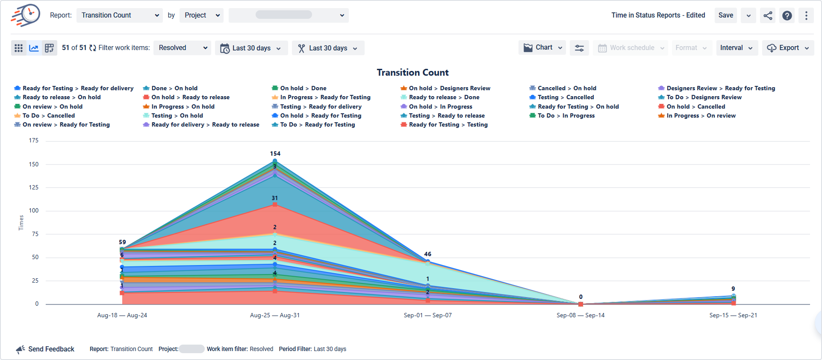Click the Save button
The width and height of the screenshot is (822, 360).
725,15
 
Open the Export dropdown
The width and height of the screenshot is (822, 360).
788,48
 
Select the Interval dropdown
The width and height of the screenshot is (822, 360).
737,48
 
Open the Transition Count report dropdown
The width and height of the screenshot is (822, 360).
119,15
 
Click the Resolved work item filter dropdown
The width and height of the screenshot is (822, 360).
183,48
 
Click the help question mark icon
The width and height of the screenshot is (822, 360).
787,16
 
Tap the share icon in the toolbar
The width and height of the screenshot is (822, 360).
768,16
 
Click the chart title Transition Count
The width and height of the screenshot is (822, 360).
412,73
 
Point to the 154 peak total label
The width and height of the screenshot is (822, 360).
275,153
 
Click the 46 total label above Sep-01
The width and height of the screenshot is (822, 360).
427,254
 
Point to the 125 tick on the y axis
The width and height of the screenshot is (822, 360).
34,187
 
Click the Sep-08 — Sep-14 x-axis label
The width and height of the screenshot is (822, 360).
580,316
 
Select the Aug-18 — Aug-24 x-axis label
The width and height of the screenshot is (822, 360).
122,316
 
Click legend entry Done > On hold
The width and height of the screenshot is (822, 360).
174,88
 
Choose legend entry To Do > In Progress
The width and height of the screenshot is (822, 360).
566,115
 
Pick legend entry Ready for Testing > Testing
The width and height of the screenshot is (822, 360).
448,124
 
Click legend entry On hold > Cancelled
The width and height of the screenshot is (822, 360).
695,106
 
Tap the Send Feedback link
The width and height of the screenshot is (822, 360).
51,349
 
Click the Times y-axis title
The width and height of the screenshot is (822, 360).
21,223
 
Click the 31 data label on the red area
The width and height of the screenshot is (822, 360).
274,198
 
